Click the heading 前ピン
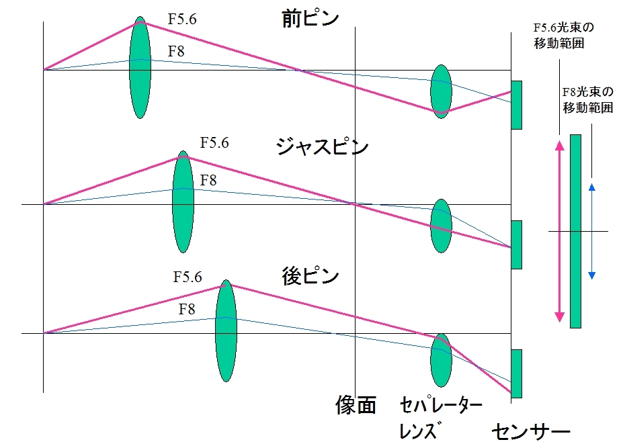click(310, 19)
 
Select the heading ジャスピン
click(322, 147)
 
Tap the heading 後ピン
click(310, 276)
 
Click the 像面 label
click(356, 405)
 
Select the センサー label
click(531, 432)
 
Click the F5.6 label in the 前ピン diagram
click(182, 19)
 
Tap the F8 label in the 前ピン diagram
click(176, 51)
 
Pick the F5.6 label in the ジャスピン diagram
click(214, 142)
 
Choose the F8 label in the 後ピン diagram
click(187, 309)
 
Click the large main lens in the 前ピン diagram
click(140, 67)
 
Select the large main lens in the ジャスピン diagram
click(183, 202)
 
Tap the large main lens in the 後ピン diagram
click(226, 331)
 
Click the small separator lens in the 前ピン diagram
click(441, 92)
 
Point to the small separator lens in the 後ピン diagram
click(441, 360)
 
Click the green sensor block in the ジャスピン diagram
click(516, 244)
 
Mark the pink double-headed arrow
click(560, 232)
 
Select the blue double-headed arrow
click(592, 232)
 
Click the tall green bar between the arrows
click(575, 231)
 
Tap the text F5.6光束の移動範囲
click(564, 35)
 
